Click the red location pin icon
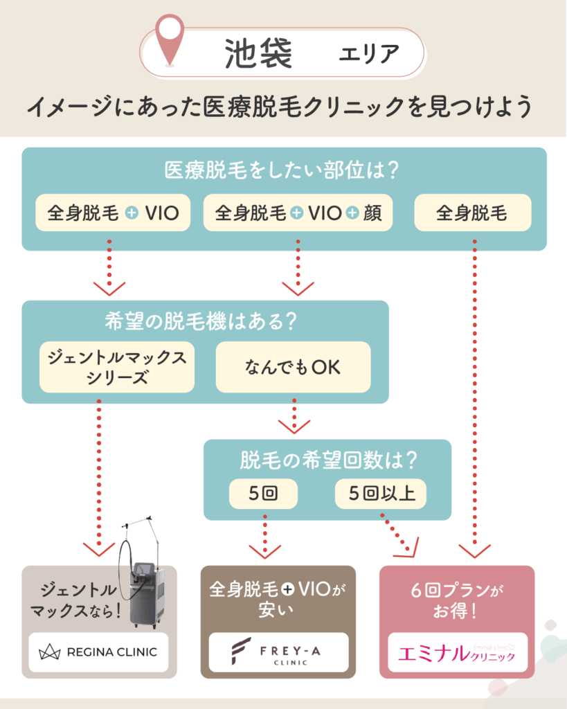click(x=168, y=38)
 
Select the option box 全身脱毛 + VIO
click(x=113, y=213)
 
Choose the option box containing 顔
click(x=298, y=213)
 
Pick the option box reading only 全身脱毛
click(x=472, y=213)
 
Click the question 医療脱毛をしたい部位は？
click(x=284, y=170)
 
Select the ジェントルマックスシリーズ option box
click(x=117, y=367)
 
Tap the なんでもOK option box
click(x=293, y=367)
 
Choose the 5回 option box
click(x=263, y=494)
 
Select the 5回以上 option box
click(x=381, y=494)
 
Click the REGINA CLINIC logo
click(x=98, y=652)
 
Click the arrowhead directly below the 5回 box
click(x=265, y=551)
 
